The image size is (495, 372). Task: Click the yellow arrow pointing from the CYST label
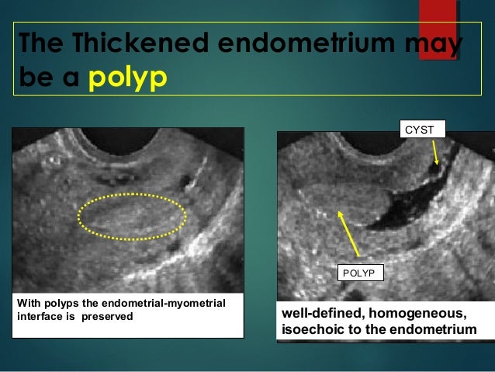click(x=434, y=151)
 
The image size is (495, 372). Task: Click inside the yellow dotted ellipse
click(x=132, y=215)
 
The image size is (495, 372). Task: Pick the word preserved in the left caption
click(x=111, y=317)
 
